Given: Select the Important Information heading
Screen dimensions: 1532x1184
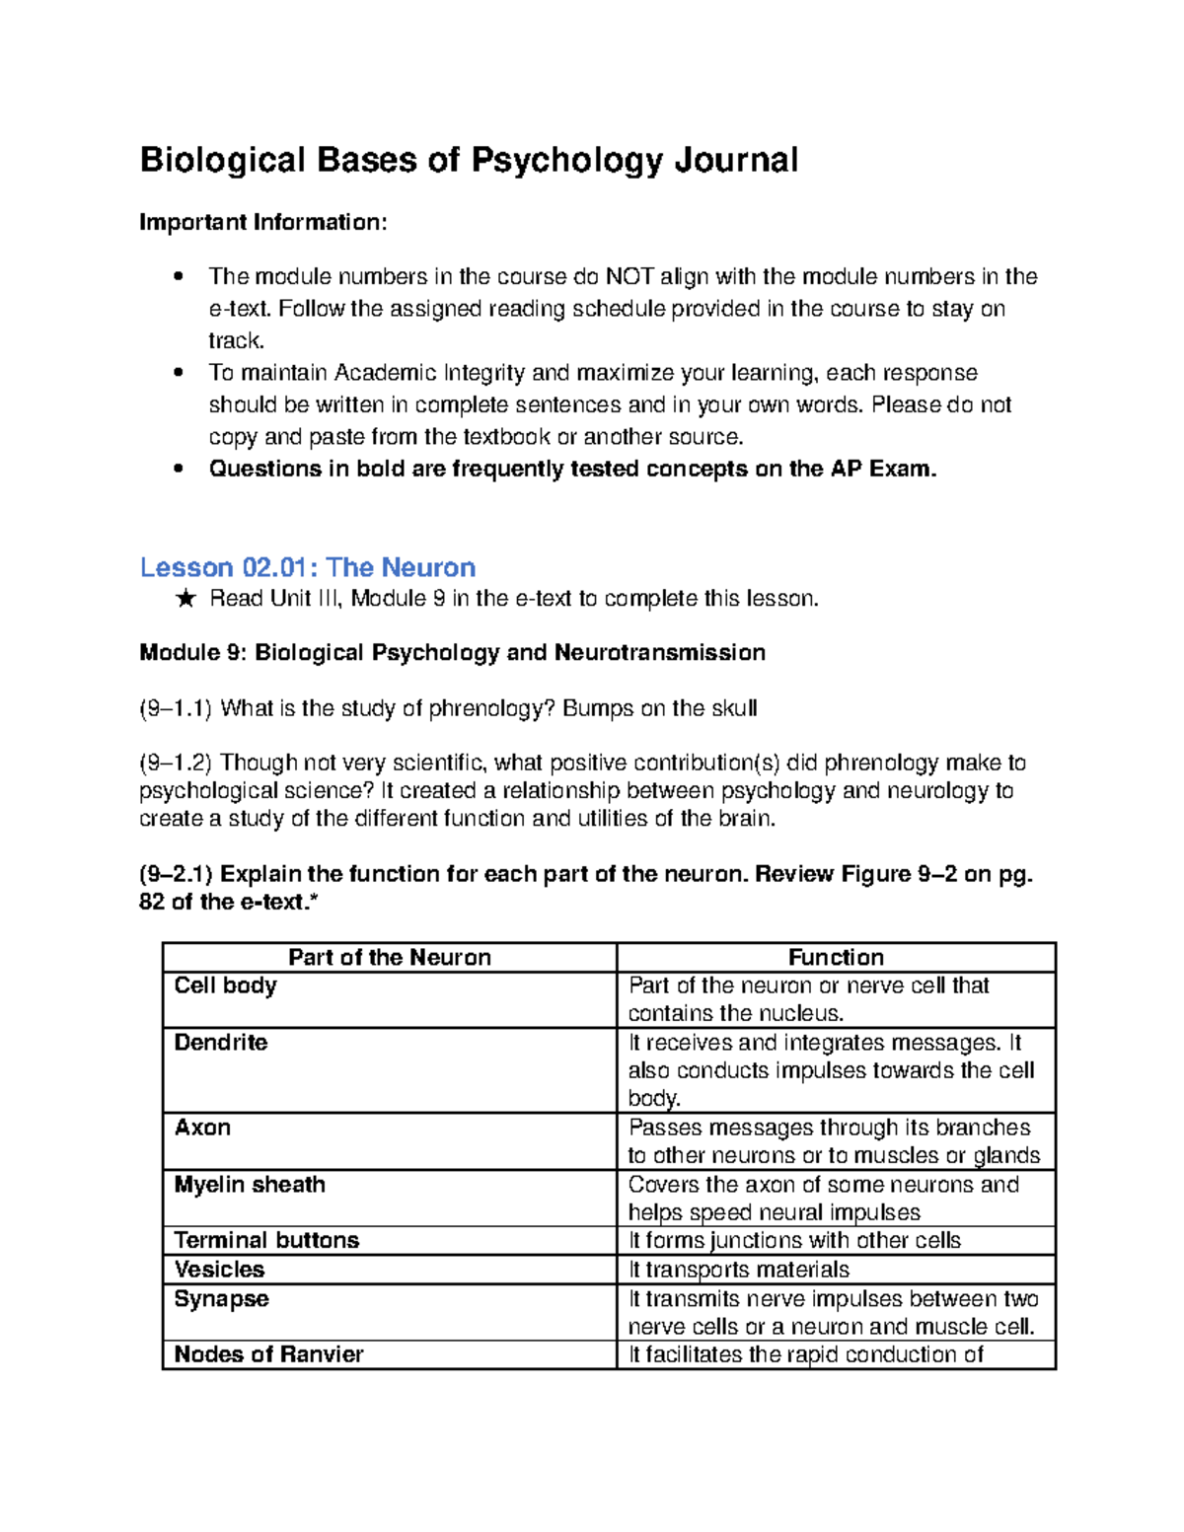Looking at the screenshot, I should (262, 222).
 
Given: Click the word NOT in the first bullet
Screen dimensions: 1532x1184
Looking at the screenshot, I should (629, 276).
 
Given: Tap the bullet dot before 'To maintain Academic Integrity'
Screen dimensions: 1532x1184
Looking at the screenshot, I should (179, 373).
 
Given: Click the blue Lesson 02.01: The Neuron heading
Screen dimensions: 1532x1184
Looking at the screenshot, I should (308, 567).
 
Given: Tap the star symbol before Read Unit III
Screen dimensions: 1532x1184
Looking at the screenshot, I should (185, 599).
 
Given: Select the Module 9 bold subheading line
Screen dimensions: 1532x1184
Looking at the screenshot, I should (452, 653).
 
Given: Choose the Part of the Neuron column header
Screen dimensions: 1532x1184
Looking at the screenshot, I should (389, 957).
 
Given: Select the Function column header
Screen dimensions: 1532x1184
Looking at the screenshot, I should (836, 957).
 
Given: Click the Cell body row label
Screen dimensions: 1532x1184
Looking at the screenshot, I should (226, 985).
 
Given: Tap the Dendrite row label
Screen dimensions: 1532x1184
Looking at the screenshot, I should (221, 1043).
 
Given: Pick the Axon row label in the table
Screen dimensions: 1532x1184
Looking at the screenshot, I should (202, 1128).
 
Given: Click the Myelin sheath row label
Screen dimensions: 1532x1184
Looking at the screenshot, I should (250, 1185).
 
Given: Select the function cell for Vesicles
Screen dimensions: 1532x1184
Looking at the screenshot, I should (739, 1270).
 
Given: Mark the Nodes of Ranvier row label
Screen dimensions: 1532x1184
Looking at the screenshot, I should (268, 1354).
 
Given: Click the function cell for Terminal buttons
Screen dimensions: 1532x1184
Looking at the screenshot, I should (794, 1240).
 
